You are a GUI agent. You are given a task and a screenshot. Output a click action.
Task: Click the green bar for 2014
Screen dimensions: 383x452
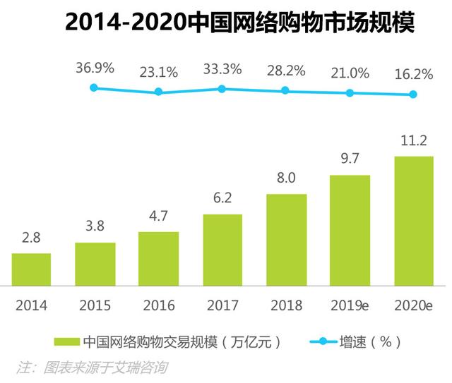tap(31, 269)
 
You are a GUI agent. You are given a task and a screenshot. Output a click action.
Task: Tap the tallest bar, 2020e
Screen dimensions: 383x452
tap(413, 221)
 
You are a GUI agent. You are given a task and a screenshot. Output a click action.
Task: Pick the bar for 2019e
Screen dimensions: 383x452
tap(350, 230)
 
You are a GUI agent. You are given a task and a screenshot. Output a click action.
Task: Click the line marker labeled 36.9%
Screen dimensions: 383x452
tap(94, 87)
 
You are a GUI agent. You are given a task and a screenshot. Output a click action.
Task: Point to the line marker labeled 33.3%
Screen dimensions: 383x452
tap(222, 89)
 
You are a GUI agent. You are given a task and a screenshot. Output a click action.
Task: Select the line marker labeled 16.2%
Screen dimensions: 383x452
tap(413, 95)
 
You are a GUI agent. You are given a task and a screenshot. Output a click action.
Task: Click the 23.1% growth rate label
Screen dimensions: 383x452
tap(158, 71)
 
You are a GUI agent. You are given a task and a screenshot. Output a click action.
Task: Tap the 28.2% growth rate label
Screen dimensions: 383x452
tap(285, 71)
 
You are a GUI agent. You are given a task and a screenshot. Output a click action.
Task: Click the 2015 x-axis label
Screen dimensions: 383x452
tap(95, 305)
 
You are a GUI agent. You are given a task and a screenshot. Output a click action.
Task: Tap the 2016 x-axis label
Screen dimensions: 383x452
tap(158, 305)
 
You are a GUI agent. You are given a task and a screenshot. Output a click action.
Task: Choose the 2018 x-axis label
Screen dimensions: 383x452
tap(285, 305)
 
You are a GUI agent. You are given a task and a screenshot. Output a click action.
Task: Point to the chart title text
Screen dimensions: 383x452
tap(239, 23)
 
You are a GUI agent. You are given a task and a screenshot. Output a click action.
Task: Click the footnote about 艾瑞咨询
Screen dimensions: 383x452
tap(93, 367)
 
